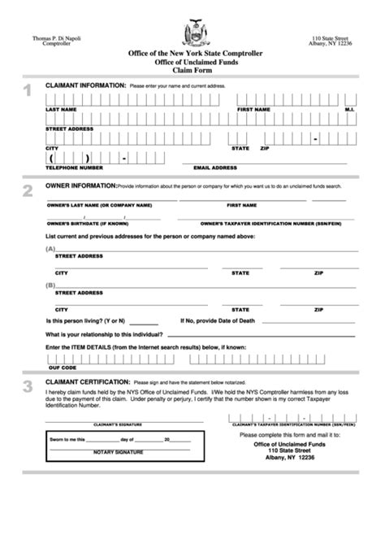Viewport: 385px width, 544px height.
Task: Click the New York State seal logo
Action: (x=192, y=33)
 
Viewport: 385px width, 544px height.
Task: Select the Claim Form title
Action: (x=192, y=70)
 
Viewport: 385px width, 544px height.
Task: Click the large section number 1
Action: (x=28, y=91)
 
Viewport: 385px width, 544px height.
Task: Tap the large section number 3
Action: (x=28, y=386)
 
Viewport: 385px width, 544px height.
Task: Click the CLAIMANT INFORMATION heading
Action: (x=84, y=85)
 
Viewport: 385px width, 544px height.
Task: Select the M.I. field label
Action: (x=349, y=108)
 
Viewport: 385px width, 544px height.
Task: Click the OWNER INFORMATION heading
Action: (x=80, y=185)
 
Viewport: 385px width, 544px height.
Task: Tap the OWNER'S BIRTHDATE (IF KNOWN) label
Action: (x=83, y=221)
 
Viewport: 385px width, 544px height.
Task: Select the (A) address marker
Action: (x=50, y=249)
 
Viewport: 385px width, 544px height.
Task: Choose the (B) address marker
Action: (x=50, y=285)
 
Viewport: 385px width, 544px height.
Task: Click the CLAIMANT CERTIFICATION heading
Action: (x=88, y=381)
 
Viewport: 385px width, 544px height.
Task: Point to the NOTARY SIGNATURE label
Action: (x=119, y=451)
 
